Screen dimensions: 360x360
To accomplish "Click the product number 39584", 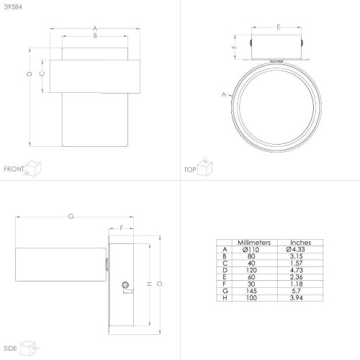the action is (x=13, y=7).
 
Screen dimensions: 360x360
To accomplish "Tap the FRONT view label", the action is (x=14, y=169).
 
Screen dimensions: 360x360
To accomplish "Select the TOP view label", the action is (x=190, y=170).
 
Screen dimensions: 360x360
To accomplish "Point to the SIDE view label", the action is (x=10, y=348).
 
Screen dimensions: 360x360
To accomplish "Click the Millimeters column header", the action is (x=254, y=243).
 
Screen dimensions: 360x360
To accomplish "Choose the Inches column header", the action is (x=300, y=243).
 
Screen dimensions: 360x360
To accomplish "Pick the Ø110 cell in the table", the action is (x=251, y=250).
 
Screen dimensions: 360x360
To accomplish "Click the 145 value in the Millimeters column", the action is (x=251, y=291).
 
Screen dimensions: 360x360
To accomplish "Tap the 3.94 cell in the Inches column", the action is (x=296, y=298).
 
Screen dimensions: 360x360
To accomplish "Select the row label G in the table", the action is (x=225, y=291).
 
